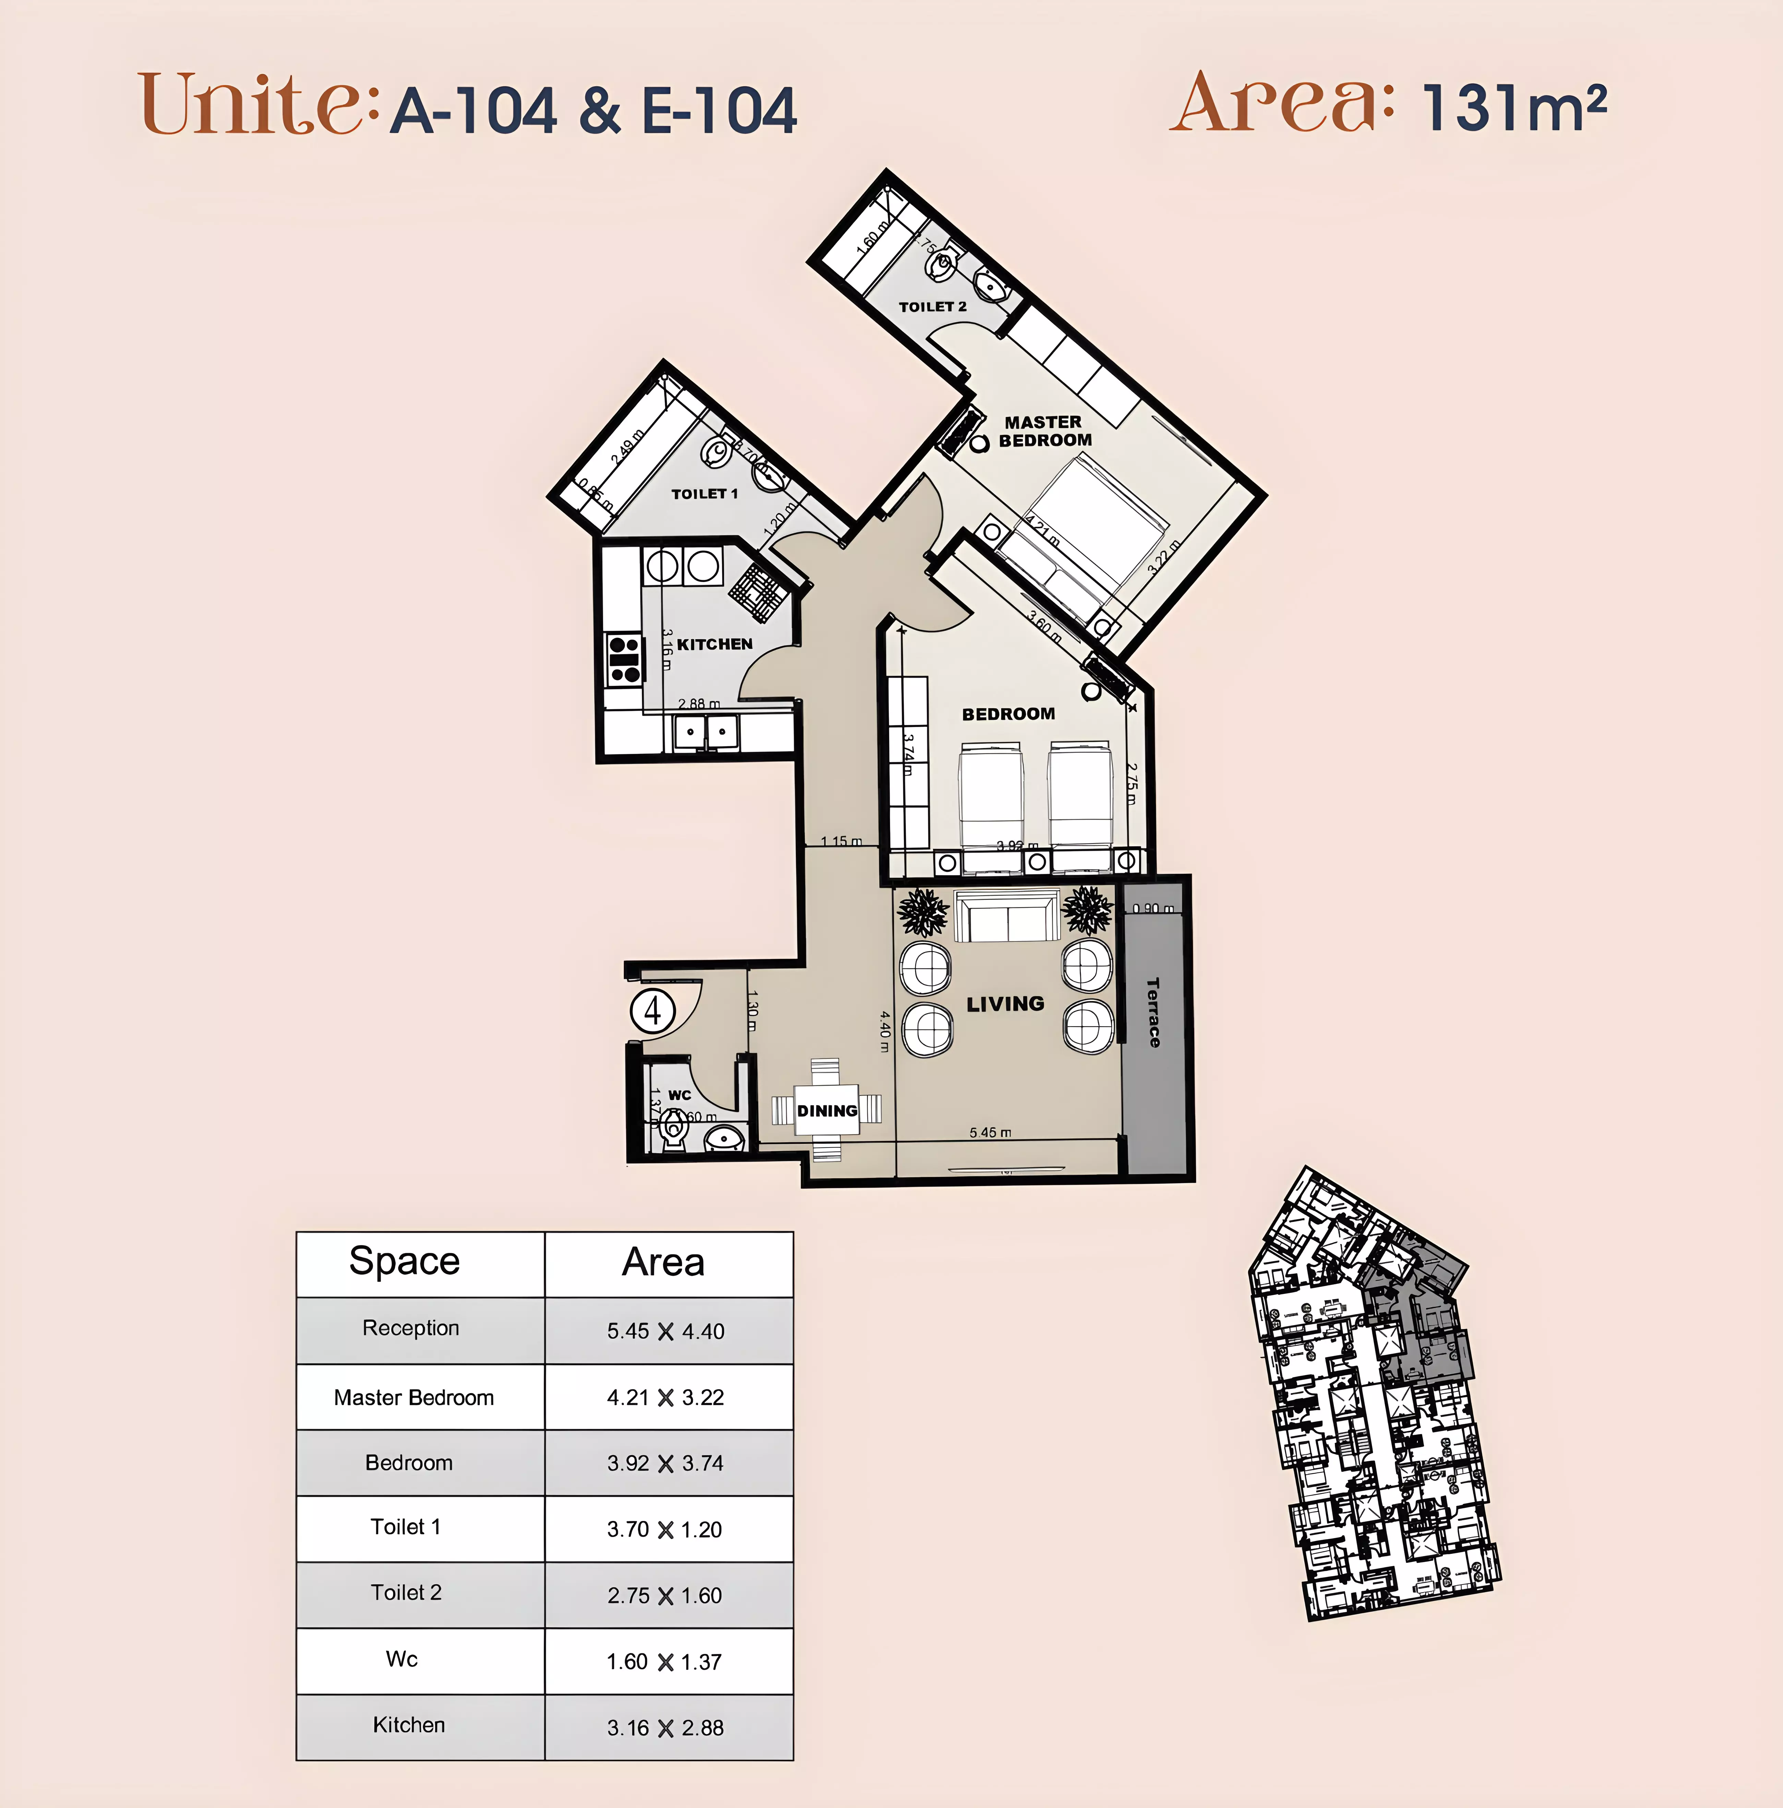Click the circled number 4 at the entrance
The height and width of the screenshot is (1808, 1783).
click(652, 1011)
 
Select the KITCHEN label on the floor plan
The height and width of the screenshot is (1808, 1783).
click(715, 644)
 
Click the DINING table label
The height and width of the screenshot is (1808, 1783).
click(827, 1111)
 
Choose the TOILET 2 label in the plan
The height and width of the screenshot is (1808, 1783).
click(933, 307)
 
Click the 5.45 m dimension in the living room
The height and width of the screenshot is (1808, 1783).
click(990, 1132)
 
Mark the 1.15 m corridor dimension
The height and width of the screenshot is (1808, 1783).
click(841, 841)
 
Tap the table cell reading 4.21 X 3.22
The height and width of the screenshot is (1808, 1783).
click(665, 1397)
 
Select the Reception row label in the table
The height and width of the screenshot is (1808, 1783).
click(411, 1328)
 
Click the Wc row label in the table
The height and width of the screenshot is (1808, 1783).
click(402, 1659)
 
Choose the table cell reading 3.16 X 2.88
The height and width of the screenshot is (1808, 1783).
click(665, 1727)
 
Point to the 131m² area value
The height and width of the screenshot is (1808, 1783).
click(1513, 108)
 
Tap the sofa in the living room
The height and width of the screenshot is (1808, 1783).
click(1007, 917)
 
